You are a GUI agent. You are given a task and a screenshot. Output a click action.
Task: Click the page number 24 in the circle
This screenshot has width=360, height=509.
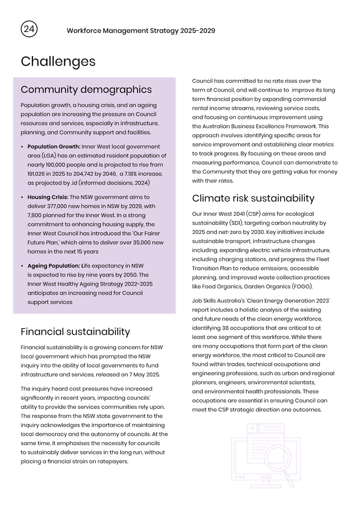pyautogui.click(x=29, y=29)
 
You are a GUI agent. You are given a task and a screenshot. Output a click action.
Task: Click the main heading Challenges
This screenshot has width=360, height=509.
pyautogui.click(x=58, y=61)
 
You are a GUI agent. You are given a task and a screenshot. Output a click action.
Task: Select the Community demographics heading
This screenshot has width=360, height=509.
pyautogui.click(x=86, y=89)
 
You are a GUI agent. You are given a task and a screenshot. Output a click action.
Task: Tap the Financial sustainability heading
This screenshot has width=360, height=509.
pyautogui.click(x=75, y=332)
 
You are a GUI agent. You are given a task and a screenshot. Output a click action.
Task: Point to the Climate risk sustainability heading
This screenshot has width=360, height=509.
pyautogui.click(x=253, y=198)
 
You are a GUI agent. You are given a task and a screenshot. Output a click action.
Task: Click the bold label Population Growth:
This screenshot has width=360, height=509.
pyautogui.click(x=54, y=147)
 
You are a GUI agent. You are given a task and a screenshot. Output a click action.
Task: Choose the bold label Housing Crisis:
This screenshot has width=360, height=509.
pyautogui.click(x=48, y=197)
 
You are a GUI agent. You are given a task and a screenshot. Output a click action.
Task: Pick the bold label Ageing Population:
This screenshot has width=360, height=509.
pyautogui.click(x=54, y=266)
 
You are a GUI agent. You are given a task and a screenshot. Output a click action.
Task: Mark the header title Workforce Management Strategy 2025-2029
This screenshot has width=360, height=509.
pyautogui.click(x=141, y=31)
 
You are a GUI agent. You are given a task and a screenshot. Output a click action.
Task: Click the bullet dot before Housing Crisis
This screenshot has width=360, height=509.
pyautogui.click(x=22, y=197)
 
